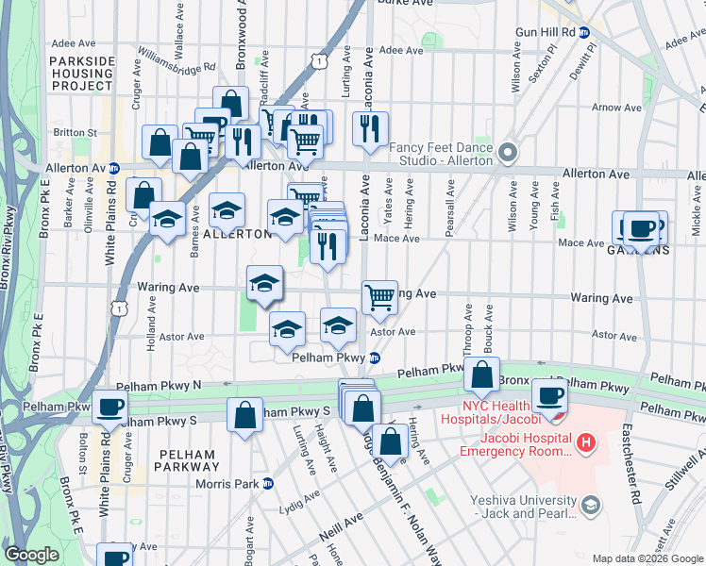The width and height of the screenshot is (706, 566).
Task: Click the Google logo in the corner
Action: click(32, 555)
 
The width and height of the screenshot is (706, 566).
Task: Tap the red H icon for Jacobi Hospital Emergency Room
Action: click(586, 441)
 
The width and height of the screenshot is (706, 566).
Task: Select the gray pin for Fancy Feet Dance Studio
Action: click(509, 152)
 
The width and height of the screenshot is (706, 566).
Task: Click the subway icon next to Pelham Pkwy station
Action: click(375, 358)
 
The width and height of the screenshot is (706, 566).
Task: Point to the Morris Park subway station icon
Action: click(267, 484)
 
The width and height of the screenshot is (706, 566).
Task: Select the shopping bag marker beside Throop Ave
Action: click(481, 374)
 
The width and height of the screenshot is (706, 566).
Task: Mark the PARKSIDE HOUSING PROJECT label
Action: click(81, 73)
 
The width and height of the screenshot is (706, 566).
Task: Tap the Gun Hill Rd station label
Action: click(546, 31)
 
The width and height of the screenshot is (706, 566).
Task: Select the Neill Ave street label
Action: click(348, 518)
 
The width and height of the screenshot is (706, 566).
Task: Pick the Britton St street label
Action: click(76, 133)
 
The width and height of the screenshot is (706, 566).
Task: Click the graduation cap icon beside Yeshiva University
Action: click(590, 506)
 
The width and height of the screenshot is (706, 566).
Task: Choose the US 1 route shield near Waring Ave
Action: click(118, 308)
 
